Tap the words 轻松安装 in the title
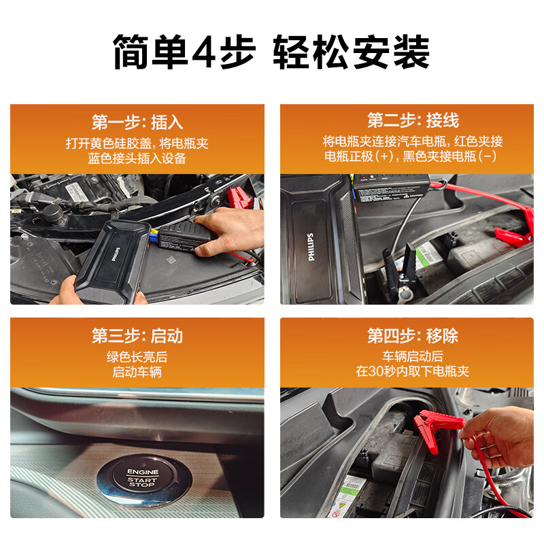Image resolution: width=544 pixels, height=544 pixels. pyautogui.click(x=351, y=51)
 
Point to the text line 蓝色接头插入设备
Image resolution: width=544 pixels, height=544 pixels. pyautogui.click(x=137, y=158)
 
